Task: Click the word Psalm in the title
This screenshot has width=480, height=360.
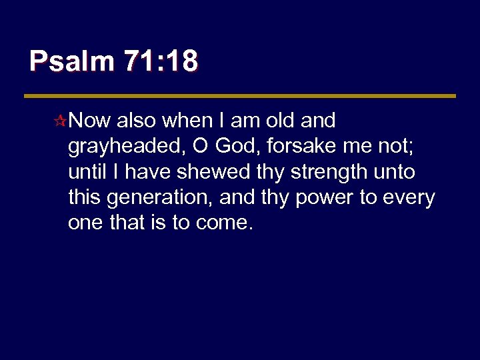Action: [x=71, y=62]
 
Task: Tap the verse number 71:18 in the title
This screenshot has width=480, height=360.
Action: [x=161, y=62]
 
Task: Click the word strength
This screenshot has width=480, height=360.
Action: [x=325, y=173]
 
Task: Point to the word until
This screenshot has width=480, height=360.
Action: [x=87, y=171]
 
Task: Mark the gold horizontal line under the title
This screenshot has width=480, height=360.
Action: [x=240, y=96]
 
